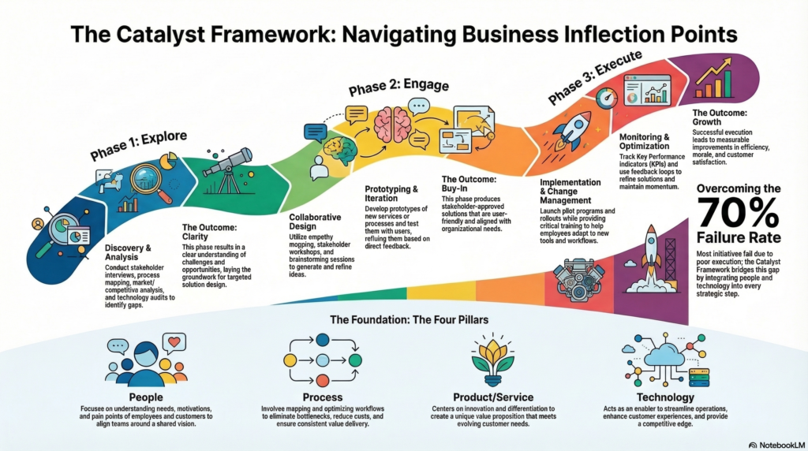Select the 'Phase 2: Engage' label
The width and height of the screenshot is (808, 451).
pyautogui.click(x=391, y=88)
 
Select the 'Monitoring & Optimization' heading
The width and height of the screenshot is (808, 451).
pyautogui.click(x=643, y=142)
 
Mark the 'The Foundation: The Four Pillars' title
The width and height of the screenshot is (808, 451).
pyautogui.click(x=404, y=320)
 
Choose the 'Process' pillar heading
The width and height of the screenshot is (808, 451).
pyautogui.click(x=322, y=397)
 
